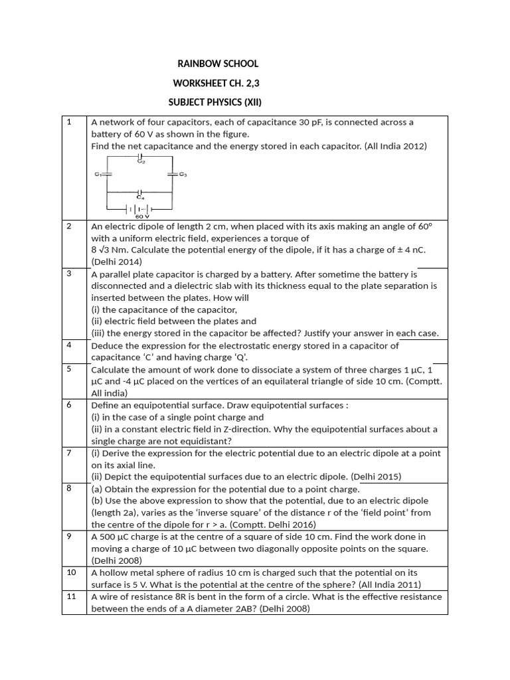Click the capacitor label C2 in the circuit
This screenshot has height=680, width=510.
click(x=141, y=161)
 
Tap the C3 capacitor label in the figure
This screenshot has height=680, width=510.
click(x=183, y=175)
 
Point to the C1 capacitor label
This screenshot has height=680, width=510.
click(x=98, y=175)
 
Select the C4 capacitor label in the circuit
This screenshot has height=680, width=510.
click(x=140, y=197)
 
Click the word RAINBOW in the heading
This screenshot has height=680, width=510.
click(x=198, y=64)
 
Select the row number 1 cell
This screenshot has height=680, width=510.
click(x=68, y=122)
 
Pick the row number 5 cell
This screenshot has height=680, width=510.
click(x=68, y=369)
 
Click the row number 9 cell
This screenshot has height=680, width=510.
click(x=68, y=537)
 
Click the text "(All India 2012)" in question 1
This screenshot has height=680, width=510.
click(x=396, y=146)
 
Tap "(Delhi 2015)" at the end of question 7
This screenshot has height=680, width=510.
click(x=376, y=477)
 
